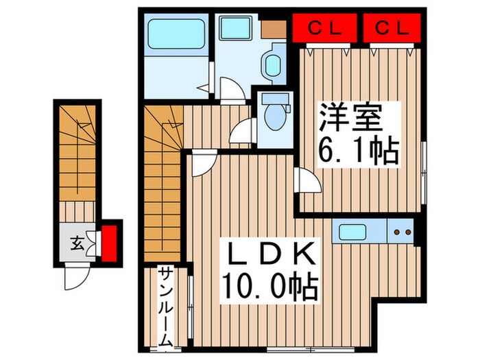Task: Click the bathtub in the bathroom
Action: tap(176, 33)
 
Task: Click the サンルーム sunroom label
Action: tap(165, 305)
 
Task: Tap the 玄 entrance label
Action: tap(76, 241)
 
